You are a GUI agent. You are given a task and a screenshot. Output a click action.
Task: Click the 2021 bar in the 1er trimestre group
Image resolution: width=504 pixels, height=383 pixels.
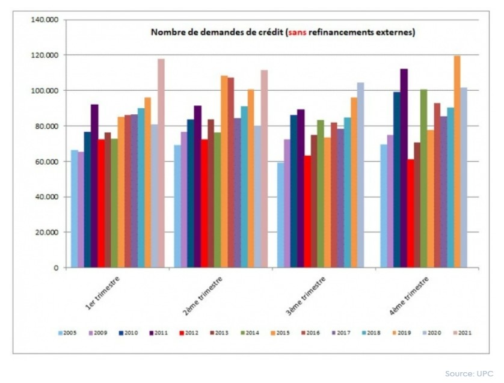pyautogui.click(x=161, y=163)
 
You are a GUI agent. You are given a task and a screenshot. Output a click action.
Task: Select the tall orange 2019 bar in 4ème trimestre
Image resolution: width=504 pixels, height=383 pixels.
pyautogui.click(x=456, y=162)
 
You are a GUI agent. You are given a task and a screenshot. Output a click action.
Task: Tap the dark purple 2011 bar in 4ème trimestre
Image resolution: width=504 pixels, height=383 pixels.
pyautogui.click(x=404, y=168)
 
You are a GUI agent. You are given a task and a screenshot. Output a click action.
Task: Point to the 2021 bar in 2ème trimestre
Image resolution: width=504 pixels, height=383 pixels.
pyautogui.click(x=263, y=168)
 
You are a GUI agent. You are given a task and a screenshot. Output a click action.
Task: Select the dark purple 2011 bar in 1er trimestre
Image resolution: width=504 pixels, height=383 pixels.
pyautogui.click(x=94, y=186)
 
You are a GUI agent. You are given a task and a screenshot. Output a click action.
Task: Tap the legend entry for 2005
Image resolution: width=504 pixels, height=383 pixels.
pyautogui.click(x=66, y=332)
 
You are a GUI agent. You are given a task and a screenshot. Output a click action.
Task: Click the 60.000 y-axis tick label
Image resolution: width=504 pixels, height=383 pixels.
pyautogui.click(x=46, y=162)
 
